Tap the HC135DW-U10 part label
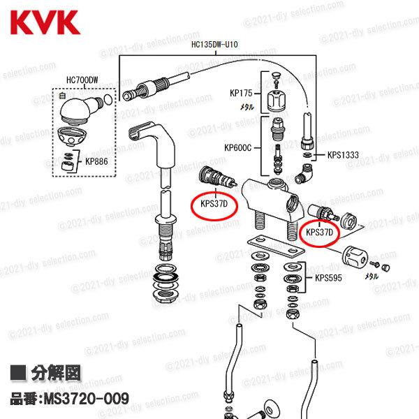pos(215,44)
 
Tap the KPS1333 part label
pos(341,155)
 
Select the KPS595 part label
pos(329,277)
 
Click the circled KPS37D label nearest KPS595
pos(321,231)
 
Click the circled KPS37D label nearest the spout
pos(215,205)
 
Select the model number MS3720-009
pos(69,399)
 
